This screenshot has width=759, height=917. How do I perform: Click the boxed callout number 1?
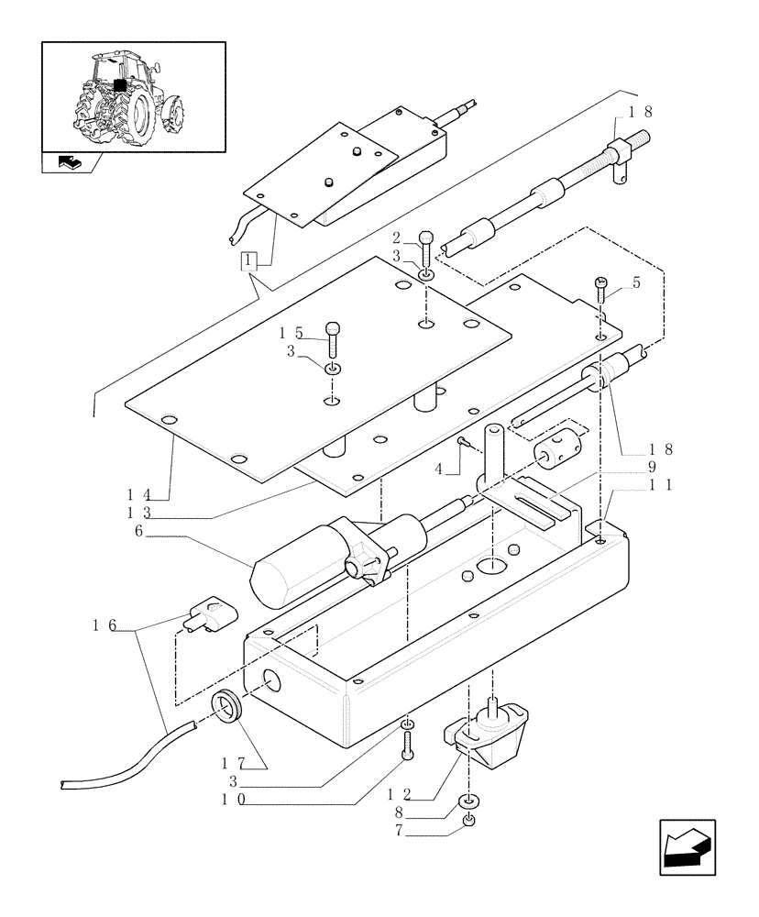pyautogui.click(x=249, y=260)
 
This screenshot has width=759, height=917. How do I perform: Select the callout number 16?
pyautogui.click(x=103, y=625)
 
